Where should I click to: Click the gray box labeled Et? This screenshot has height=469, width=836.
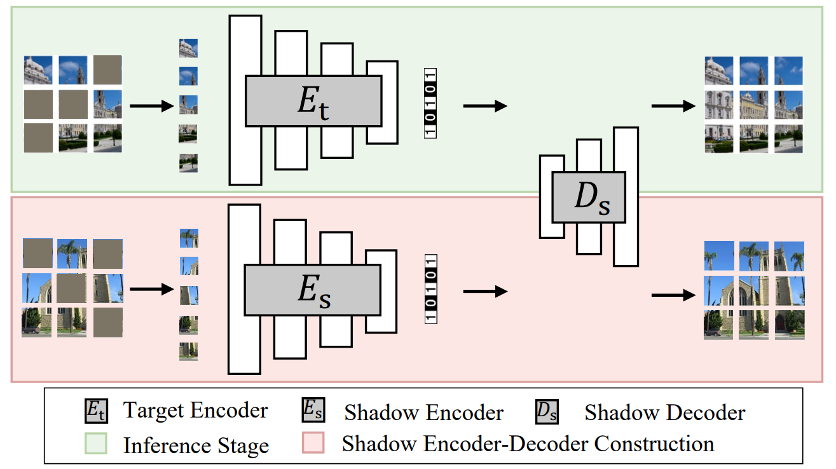[x=313, y=100]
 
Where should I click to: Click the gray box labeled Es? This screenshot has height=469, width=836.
[x=312, y=290]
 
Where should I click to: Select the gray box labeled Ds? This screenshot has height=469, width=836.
[x=589, y=197]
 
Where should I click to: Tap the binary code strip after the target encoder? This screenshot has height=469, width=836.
[x=430, y=103]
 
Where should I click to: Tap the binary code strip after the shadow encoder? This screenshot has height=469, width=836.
[x=432, y=289]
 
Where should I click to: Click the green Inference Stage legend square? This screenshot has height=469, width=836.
[x=96, y=443]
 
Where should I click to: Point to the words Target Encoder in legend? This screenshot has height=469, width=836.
[x=195, y=411]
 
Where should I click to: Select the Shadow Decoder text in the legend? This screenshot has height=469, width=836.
[x=664, y=412]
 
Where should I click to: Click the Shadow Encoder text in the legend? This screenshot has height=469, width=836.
[x=423, y=412]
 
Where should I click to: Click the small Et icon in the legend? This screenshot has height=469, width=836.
[x=96, y=411]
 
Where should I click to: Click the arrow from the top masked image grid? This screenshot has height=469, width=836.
[x=151, y=105]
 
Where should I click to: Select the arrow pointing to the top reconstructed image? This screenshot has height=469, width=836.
[x=673, y=105]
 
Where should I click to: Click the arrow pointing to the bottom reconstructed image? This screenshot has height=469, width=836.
[x=673, y=295]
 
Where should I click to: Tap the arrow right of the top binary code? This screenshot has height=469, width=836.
[x=485, y=105]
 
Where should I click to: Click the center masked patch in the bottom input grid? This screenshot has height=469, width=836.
[x=71, y=288]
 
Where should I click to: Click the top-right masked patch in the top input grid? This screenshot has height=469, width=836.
[x=107, y=69]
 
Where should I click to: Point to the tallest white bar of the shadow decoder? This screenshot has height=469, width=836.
[x=626, y=196]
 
